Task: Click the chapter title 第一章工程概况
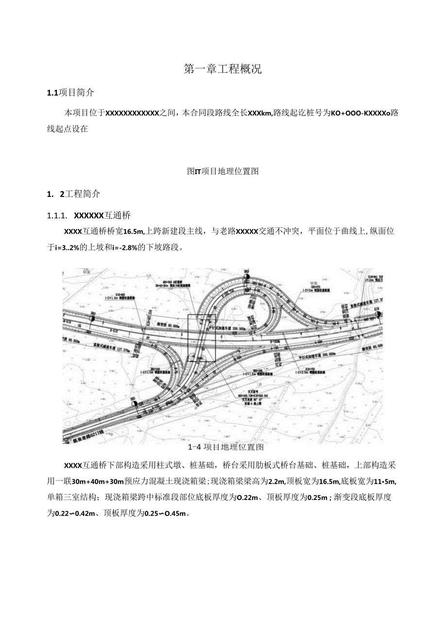[223, 69]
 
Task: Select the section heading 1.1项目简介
[70, 92]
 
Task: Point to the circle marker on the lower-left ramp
[133, 404]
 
